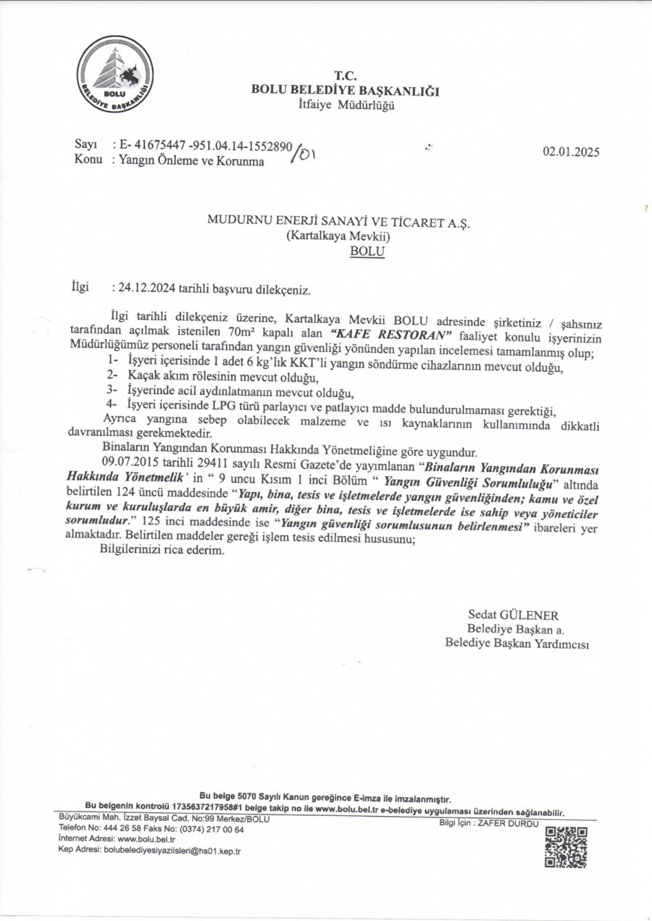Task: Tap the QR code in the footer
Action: (x=566, y=846)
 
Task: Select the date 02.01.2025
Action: (x=571, y=152)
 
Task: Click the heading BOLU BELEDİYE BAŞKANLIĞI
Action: (x=344, y=91)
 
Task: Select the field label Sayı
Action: (x=86, y=146)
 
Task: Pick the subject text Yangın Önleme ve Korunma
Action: (x=191, y=161)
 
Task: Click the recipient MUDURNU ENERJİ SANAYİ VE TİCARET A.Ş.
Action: (x=338, y=224)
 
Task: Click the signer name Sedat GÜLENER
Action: (x=514, y=615)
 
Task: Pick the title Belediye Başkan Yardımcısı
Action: (x=517, y=643)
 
